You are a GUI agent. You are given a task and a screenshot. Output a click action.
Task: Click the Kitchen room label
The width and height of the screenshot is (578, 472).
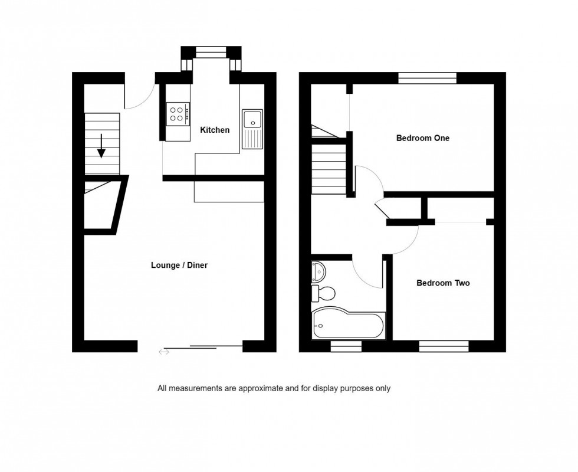pos(215,130)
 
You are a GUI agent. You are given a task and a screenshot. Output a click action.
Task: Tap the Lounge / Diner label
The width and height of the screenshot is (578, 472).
pos(179,265)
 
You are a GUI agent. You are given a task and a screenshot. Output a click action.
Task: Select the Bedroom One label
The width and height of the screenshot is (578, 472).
pos(423,138)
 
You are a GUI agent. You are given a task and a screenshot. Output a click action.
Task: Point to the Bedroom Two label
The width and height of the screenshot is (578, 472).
pos(443,283)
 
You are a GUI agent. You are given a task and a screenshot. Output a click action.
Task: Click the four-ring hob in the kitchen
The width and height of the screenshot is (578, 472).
pos(178,113)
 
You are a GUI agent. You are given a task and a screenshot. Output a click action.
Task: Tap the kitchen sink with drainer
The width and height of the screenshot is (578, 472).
pos(252,129)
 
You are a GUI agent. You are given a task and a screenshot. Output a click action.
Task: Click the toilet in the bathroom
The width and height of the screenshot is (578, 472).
pos(323,294)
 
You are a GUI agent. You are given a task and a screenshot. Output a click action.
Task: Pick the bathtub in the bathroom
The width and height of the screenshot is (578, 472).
pos(349,323)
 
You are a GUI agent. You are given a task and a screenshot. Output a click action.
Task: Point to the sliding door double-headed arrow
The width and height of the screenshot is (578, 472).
pos(164,352)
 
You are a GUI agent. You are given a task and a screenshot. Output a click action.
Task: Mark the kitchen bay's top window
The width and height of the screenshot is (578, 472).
pos(211,52)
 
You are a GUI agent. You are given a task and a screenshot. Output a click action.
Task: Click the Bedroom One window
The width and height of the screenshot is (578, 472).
pos(427,78)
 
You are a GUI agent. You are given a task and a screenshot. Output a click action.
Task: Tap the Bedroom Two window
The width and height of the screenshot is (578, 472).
pos(444,346)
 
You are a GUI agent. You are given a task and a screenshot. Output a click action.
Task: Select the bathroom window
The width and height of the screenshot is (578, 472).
pos(346,346)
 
